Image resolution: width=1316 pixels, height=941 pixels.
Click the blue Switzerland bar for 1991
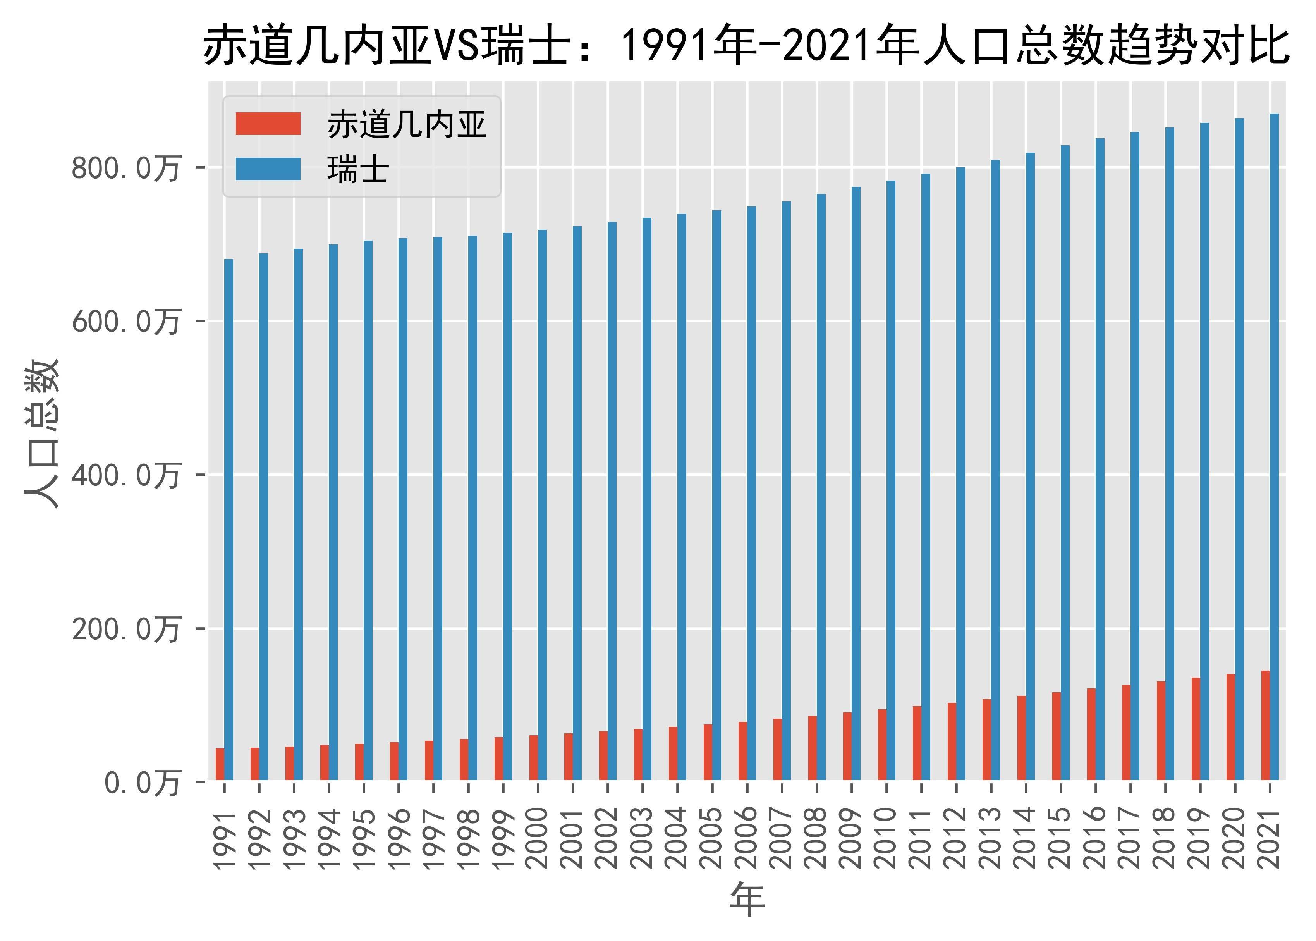[x=229, y=520]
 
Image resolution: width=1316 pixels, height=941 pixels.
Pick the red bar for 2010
[x=882, y=745]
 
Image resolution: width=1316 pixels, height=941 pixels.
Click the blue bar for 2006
[x=751, y=493]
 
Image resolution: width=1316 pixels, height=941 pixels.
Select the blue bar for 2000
[x=542, y=505]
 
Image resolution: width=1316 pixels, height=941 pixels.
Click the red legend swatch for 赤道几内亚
[x=268, y=124]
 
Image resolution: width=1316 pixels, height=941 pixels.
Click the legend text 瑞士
[x=357, y=170]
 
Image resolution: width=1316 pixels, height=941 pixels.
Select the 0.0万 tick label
[x=142, y=783]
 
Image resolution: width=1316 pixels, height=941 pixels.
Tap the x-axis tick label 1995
[x=364, y=839]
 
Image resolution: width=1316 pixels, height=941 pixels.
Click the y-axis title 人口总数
[x=42, y=434]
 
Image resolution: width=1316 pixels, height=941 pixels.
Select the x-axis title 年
[x=747, y=900]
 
